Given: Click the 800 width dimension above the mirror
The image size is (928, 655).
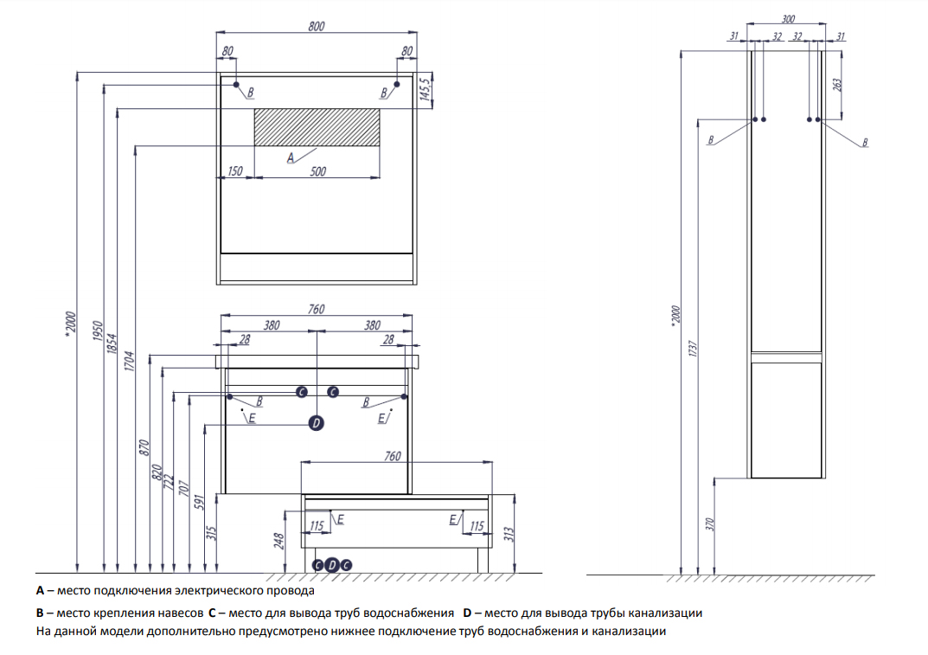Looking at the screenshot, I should (x=316, y=27).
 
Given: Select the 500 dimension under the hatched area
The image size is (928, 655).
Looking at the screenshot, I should (x=317, y=171).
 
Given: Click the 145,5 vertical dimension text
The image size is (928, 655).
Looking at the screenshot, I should (x=425, y=90).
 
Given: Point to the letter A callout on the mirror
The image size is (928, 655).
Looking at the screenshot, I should (x=291, y=157).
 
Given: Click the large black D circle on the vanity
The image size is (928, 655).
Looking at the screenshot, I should (x=316, y=423).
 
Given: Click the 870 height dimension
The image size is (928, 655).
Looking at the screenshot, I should (x=144, y=448).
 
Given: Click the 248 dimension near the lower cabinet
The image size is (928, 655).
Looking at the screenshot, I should (x=279, y=540).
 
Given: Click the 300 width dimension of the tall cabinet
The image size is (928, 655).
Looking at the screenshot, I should (x=787, y=19).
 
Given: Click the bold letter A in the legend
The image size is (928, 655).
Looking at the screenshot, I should (x=40, y=591).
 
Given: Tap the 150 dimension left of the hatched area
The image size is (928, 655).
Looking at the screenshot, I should (x=234, y=171).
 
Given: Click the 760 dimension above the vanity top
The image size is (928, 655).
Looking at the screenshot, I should (x=316, y=309).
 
